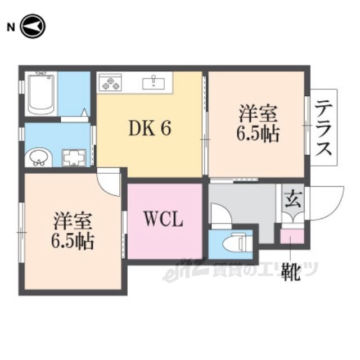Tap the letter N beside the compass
click(x=10, y=26)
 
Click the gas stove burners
click(x=110, y=83)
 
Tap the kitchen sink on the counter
click(x=153, y=83)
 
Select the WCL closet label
click(x=164, y=219)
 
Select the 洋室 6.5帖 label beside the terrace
click(x=258, y=125)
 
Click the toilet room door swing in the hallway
click(x=220, y=216)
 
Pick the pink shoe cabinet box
click(x=292, y=233)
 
